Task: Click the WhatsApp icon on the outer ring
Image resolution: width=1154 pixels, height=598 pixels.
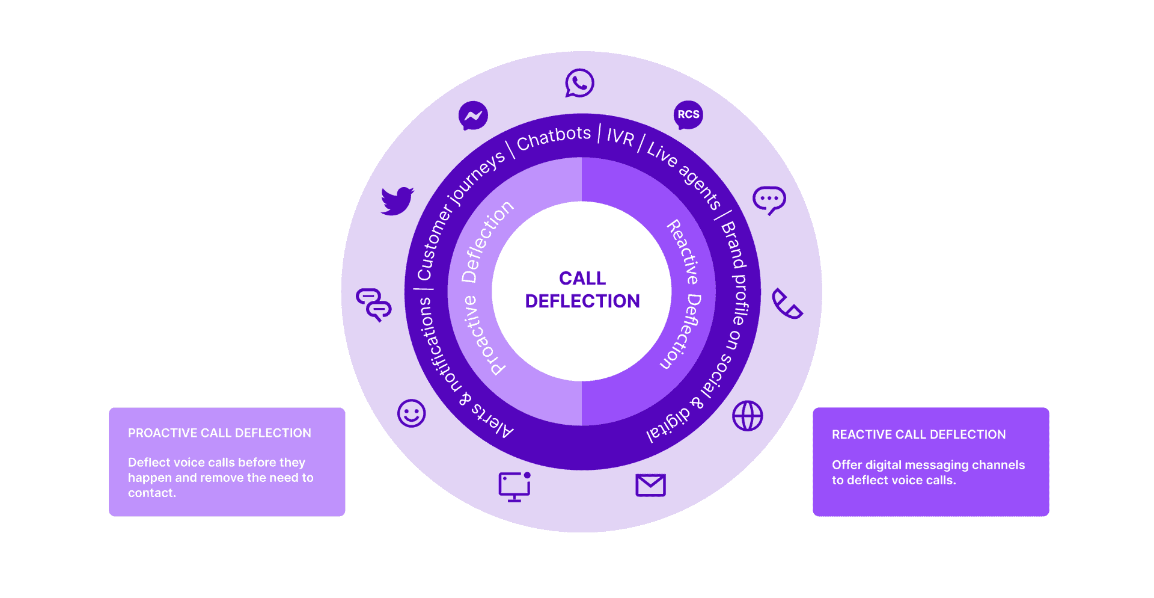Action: point(579,83)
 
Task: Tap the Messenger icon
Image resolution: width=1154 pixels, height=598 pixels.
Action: point(473,116)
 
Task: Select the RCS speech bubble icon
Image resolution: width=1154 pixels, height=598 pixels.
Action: point(688,115)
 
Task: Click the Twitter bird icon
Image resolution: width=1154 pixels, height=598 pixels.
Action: point(397,201)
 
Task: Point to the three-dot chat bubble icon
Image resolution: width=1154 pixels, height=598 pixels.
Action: point(769,200)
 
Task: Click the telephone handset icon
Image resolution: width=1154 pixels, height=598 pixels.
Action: point(786,304)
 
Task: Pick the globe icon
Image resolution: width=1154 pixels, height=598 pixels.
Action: point(747,416)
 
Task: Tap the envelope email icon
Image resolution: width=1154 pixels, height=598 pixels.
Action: point(650,485)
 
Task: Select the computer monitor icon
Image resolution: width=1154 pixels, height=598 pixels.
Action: point(514,487)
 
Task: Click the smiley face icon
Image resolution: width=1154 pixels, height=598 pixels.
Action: point(412,413)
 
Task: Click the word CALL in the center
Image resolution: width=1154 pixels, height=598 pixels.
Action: point(582,278)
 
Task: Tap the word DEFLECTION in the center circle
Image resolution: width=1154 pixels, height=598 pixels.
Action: point(582,301)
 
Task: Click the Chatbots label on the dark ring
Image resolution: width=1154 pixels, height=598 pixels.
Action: point(554,138)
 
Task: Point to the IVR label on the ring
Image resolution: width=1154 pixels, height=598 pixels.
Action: point(620,137)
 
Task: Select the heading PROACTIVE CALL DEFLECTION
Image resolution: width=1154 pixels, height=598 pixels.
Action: point(219,433)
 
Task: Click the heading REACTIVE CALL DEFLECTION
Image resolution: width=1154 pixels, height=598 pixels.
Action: point(918,434)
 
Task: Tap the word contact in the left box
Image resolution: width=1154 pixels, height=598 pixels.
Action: point(151,493)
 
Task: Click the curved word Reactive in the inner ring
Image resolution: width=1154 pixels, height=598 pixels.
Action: point(683,251)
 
